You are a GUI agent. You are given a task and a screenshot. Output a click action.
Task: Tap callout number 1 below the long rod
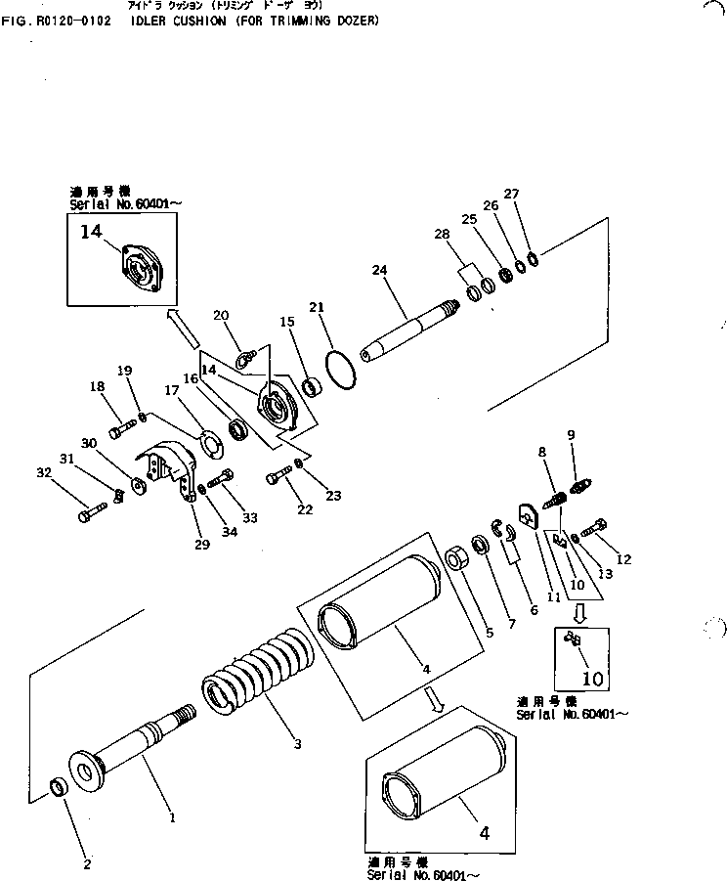(x=172, y=816)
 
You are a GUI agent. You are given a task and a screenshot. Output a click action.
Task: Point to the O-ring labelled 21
(x=338, y=366)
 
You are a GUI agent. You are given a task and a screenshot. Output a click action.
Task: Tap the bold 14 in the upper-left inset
(x=91, y=232)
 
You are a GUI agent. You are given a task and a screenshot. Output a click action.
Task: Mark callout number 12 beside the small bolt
(x=623, y=559)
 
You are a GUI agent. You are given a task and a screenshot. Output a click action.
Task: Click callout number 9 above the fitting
(x=571, y=434)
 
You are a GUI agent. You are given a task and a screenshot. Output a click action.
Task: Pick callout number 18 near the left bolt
(x=97, y=387)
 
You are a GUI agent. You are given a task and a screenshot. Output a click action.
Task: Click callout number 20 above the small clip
(x=220, y=315)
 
